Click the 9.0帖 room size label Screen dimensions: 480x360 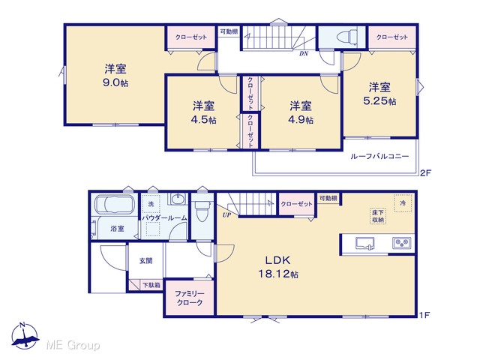[115, 82]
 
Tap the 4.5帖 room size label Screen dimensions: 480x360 [203, 120]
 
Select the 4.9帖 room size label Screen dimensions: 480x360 [301, 120]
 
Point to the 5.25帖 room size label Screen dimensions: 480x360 [379, 101]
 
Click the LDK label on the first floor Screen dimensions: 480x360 [277, 260]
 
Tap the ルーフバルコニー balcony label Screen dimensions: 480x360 [379, 157]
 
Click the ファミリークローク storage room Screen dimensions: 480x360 [190, 298]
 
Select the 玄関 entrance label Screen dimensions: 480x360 [145, 261]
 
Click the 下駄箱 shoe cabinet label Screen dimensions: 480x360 [151, 285]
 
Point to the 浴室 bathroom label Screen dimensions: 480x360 [117, 228]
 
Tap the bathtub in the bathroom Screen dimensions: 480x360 [114, 204]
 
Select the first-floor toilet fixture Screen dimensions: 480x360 [202, 211]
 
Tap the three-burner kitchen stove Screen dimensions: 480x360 [402, 243]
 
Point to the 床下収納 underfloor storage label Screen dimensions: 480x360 [378, 216]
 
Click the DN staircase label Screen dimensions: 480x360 [304, 54]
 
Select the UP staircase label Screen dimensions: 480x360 [226, 215]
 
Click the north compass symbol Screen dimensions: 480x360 [25, 335]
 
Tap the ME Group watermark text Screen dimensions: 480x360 [73, 346]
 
